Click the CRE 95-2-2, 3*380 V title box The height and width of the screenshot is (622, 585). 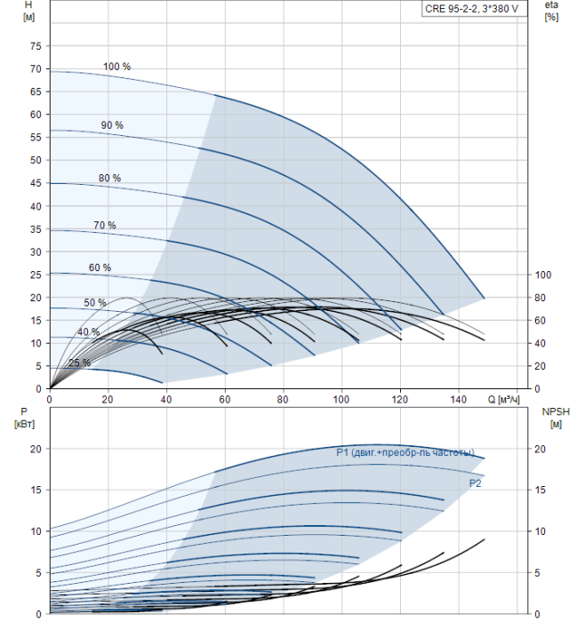(x=471, y=8)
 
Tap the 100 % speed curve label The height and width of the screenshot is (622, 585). (x=116, y=67)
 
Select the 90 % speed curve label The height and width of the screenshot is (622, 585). (x=112, y=125)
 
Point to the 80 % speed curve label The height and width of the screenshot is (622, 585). (x=109, y=178)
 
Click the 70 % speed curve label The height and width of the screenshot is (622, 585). (x=105, y=225)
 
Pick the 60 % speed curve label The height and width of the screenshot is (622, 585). (x=100, y=267)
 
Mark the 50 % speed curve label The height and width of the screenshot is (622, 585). (x=95, y=303)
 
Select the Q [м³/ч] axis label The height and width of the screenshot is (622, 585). (x=504, y=400)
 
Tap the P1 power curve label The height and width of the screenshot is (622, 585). (x=405, y=452)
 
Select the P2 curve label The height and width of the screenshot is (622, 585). (x=476, y=482)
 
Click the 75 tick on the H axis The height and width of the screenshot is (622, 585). (x=36, y=46)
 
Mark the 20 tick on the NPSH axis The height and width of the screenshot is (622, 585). (x=543, y=449)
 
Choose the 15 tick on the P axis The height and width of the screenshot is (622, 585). (x=36, y=490)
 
